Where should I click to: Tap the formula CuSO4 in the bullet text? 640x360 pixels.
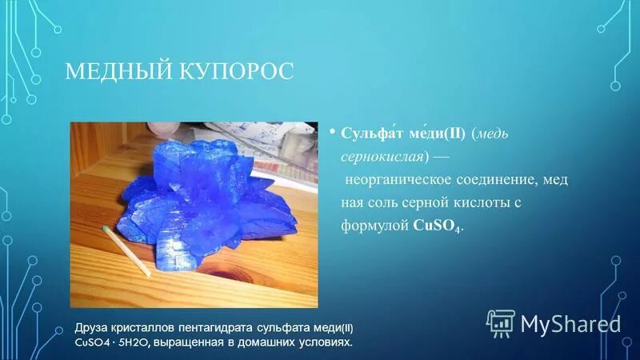click(x=437, y=226)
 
